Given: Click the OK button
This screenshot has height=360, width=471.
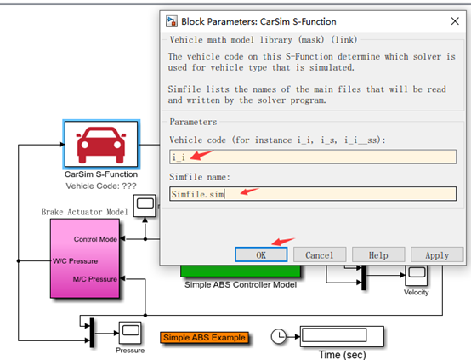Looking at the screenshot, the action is point(261,254).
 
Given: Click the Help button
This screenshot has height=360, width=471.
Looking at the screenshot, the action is point(378,255).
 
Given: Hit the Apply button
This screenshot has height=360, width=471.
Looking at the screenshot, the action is point(437,255).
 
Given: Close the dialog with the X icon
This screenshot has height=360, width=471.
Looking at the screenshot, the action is point(455,21).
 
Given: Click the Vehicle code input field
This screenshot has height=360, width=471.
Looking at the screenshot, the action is point(313,157).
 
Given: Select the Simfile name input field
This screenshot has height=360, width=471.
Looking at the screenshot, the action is point(313,194).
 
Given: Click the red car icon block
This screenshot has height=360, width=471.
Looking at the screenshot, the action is point(101,144).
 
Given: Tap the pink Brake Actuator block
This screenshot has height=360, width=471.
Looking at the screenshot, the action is point(85,259).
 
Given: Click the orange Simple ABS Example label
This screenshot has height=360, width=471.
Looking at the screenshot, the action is point(204,337).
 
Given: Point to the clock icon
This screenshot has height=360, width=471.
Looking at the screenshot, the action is point(279,336).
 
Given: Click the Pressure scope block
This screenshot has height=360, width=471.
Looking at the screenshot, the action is point(130,333).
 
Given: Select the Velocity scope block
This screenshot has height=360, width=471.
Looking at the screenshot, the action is point(416,275).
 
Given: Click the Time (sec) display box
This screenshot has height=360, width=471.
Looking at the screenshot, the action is point(342,336).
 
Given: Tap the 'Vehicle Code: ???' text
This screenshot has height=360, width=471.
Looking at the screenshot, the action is point(101,186).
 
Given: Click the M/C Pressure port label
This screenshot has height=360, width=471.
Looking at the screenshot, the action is point(95,279).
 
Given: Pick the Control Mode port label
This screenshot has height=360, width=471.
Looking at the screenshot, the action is point(95,239).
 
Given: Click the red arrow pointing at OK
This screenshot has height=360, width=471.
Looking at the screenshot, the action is point(283,241).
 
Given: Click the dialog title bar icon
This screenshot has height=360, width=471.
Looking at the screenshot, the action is point(172,21).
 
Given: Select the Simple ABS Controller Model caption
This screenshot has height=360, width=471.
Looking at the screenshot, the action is point(241,284).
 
